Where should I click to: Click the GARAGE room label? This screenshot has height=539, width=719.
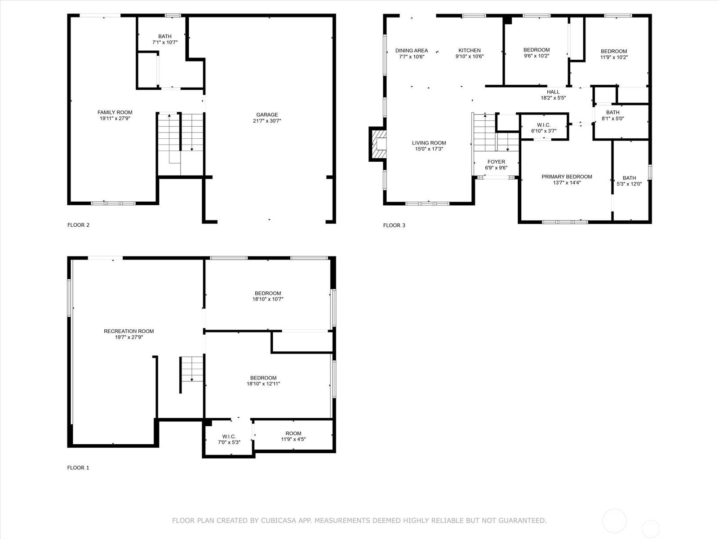(x=267, y=115)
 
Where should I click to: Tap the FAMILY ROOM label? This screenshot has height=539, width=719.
(x=115, y=112)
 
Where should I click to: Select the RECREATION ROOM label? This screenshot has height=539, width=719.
(x=129, y=331)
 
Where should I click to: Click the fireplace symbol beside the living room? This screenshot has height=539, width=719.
(x=378, y=144)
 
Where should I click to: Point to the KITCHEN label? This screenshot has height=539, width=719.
(x=470, y=50)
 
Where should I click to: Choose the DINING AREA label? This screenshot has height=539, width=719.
(x=412, y=50)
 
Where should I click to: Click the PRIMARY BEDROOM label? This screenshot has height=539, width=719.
(x=567, y=177)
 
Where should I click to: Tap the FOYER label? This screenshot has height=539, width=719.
(x=496, y=162)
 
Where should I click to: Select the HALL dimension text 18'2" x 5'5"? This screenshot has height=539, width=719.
(x=553, y=98)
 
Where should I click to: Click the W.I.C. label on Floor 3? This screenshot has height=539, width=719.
(x=544, y=125)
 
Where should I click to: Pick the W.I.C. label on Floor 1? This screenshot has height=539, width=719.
(x=229, y=437)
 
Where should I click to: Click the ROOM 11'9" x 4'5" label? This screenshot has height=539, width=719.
(x=293, y=436)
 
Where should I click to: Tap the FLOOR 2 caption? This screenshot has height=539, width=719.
(x=78, y=225)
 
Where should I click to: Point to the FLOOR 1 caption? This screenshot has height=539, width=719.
(x=78, y=468)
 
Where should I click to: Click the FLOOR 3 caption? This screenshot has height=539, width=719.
(x=394, y=225)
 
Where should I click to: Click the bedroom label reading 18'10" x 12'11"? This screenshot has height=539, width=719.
(x=263, y=381)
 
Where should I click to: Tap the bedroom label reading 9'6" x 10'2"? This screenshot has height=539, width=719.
(x=537, y=53)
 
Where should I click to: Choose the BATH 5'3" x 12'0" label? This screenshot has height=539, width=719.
(x=629, y=181)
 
